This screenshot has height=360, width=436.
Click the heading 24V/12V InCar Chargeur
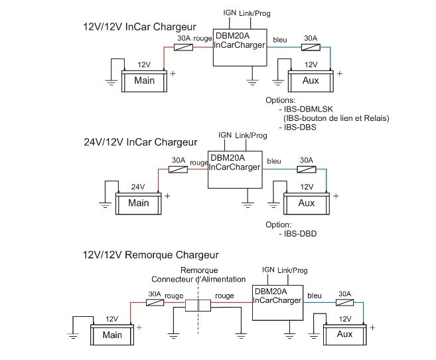(141, 141)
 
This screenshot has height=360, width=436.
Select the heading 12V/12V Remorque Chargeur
(150, 254)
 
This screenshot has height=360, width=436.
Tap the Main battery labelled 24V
(139, 202)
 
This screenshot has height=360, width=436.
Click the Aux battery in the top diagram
(310, 80)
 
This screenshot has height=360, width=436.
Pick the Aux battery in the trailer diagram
(344, 334)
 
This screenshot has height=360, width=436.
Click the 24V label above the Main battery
(138, 187)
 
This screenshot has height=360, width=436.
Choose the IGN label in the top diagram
(230, 13)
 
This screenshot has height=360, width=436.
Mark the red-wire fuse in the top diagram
(183, 48)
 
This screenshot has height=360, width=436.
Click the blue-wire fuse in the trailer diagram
(344, 302)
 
